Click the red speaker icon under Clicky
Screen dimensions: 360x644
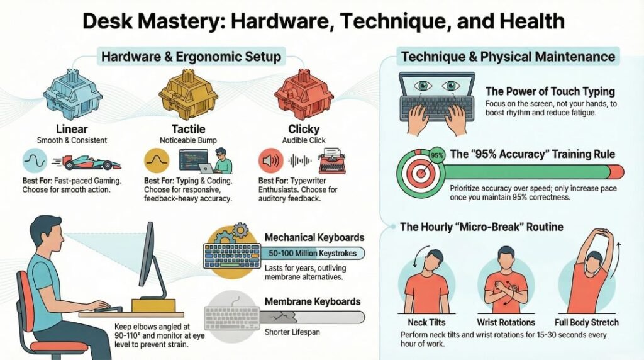269,161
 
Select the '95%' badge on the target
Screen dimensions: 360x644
436,154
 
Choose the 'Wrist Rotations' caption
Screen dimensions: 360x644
506,323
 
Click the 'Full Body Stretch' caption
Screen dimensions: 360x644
587,323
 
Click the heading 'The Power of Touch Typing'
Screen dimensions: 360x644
550,91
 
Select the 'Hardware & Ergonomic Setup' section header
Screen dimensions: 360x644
191,57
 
